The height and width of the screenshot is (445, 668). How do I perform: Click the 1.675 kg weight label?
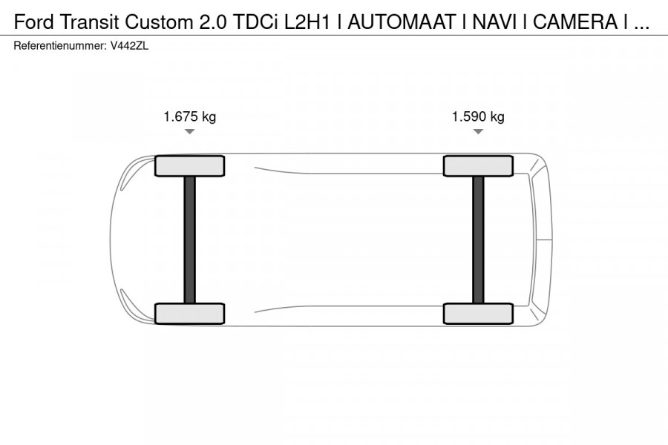point(189,116)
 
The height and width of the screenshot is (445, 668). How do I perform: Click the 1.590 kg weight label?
point(478,116)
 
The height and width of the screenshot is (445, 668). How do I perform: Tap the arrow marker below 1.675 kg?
point(189,131)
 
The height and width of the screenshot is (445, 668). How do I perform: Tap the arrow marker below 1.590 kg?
point(478,131)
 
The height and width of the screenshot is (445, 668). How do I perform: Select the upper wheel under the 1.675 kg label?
point(189,166)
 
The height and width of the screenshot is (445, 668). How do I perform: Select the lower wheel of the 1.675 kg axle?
point(189,314)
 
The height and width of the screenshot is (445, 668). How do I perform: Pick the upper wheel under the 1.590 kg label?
point(478,166)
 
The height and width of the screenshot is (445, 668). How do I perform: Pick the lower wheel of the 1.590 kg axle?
point(478,314)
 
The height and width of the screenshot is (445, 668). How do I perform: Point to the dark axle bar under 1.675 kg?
point(189,240)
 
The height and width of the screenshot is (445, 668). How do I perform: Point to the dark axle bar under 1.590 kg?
point(478,240)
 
